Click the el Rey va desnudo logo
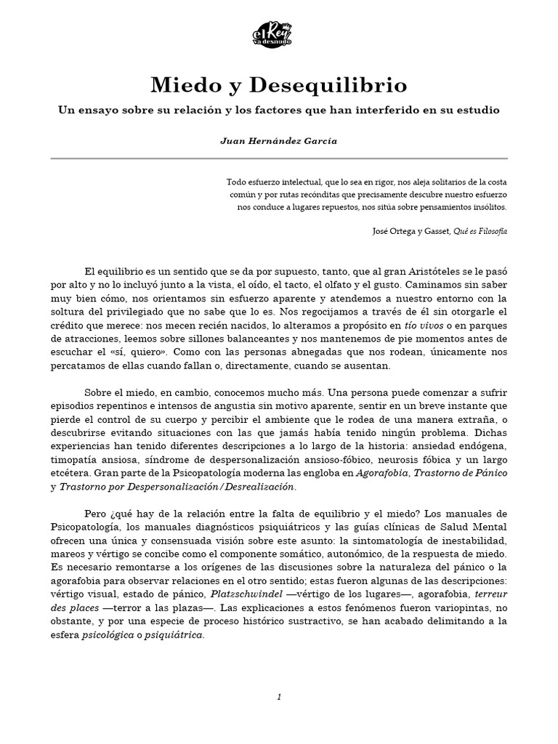(279, 37)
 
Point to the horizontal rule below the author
(279, 158)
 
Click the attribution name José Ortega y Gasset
(410, 230)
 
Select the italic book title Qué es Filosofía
(480, 230)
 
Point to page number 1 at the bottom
(279, 697)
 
